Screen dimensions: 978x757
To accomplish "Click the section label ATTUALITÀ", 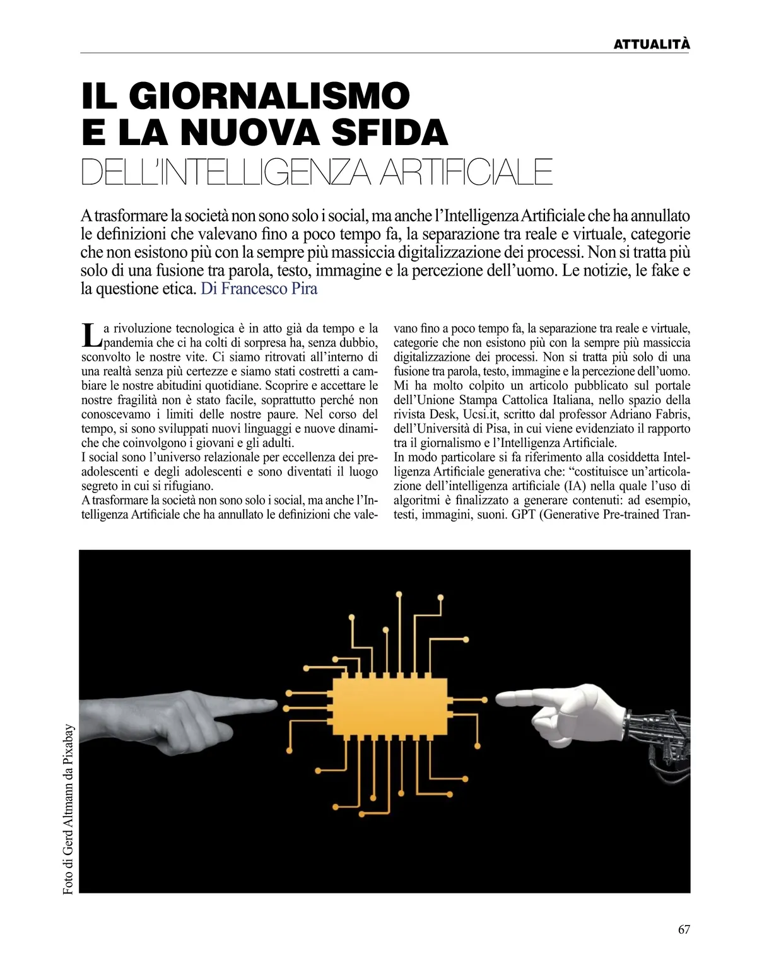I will point(652,44).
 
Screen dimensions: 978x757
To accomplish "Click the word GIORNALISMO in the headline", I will point(269,95).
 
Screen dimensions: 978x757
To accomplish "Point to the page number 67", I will point(684,930).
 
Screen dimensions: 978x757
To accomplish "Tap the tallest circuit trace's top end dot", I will point(399,594).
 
